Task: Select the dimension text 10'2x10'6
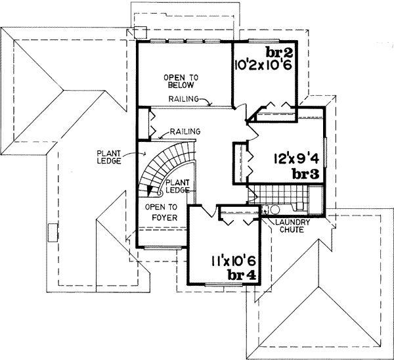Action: pyautogui.click(x=265, y=66)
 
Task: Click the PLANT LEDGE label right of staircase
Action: pyautogui.click(x=178, y=186)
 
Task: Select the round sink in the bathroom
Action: pyautogui.click(x=275, y=210)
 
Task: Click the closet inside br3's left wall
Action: pyautogui.click(x=240, y=160)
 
